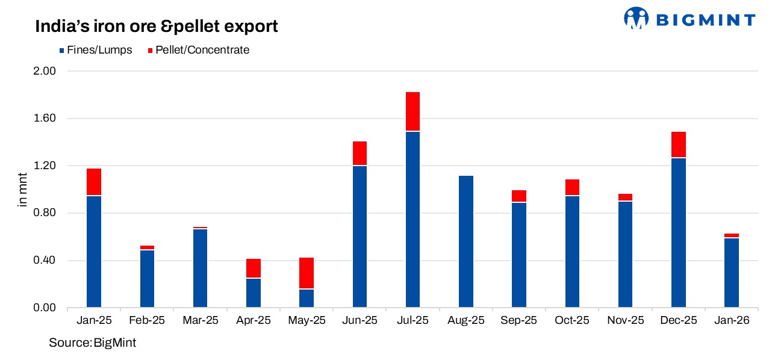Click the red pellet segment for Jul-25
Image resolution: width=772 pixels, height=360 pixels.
412,111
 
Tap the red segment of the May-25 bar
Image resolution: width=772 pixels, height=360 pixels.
307,273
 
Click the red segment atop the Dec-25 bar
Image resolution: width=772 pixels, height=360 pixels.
679,144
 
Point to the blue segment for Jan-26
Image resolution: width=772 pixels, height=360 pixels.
732,273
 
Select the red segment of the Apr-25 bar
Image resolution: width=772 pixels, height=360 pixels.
254,268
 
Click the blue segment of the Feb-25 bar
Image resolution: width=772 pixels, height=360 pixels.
147,279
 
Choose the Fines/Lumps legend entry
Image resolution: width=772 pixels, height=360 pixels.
95,50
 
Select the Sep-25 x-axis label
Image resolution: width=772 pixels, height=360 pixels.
519,321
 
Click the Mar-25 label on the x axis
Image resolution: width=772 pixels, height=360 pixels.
200,321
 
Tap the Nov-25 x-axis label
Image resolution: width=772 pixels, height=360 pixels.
625,321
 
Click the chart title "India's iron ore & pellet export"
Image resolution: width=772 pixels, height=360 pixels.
156,26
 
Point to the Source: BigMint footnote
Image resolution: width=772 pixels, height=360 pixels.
93,343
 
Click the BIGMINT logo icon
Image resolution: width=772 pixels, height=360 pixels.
636,18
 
